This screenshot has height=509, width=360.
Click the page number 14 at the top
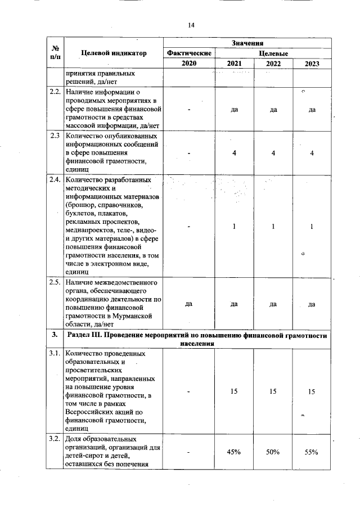[x=191, y=25]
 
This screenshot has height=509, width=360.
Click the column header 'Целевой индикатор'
[x=114, y=53]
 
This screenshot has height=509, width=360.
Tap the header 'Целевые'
[x=273, y=53]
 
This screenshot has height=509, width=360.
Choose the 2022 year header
[x=273, y=64]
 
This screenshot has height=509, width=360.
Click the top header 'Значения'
[x=247, y=43]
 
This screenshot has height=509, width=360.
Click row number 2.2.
[x=55, y=92]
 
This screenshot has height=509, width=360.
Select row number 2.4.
[x=55, y=180]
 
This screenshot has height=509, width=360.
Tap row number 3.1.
[x=55, y=354]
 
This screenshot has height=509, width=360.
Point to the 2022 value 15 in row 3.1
[x=273, y=390]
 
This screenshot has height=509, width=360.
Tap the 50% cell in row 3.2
[x=273, y=452]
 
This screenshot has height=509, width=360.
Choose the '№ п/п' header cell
[x=55, y=53]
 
